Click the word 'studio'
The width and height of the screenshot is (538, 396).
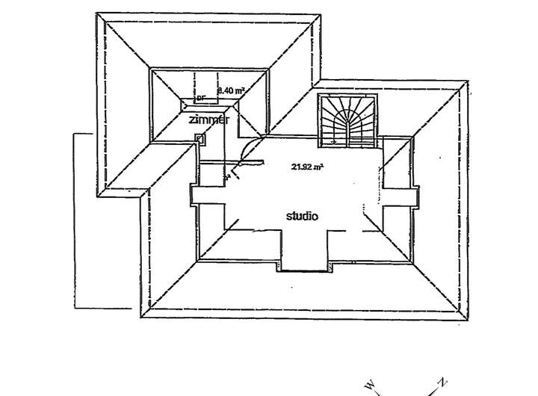coord(303,216)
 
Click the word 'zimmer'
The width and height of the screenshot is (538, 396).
coord(208,120)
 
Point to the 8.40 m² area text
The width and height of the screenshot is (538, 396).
coord(231,90)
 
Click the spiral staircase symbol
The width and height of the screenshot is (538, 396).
coord(348,119)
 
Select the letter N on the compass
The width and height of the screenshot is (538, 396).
coord(442,383)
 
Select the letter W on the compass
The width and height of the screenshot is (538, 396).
coord(369,386)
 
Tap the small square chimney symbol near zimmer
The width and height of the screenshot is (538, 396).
coord(200,137)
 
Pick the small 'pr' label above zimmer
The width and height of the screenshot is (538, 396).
coord(200,98)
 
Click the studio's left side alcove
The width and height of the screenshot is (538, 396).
coord(194,194)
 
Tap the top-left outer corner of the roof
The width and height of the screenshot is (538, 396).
coord(98,13)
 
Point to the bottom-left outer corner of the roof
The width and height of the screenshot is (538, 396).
coord(140,318)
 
